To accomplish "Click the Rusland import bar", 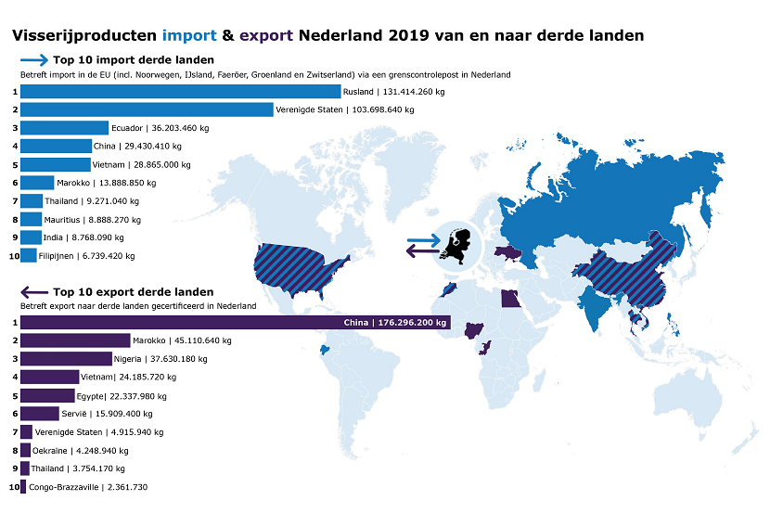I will coord(180,91).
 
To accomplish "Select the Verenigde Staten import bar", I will coord(147,109).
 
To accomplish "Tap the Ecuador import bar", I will coord(64,128).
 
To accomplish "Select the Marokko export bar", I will coord(75,340).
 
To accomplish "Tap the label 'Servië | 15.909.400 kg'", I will coord(107,414).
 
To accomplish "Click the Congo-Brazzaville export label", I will coord(88,487).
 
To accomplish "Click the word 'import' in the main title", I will coord(188,35).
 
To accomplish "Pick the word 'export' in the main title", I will coord(266,35).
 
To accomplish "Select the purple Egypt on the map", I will coord(510,298).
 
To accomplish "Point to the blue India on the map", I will coord(593,306).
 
